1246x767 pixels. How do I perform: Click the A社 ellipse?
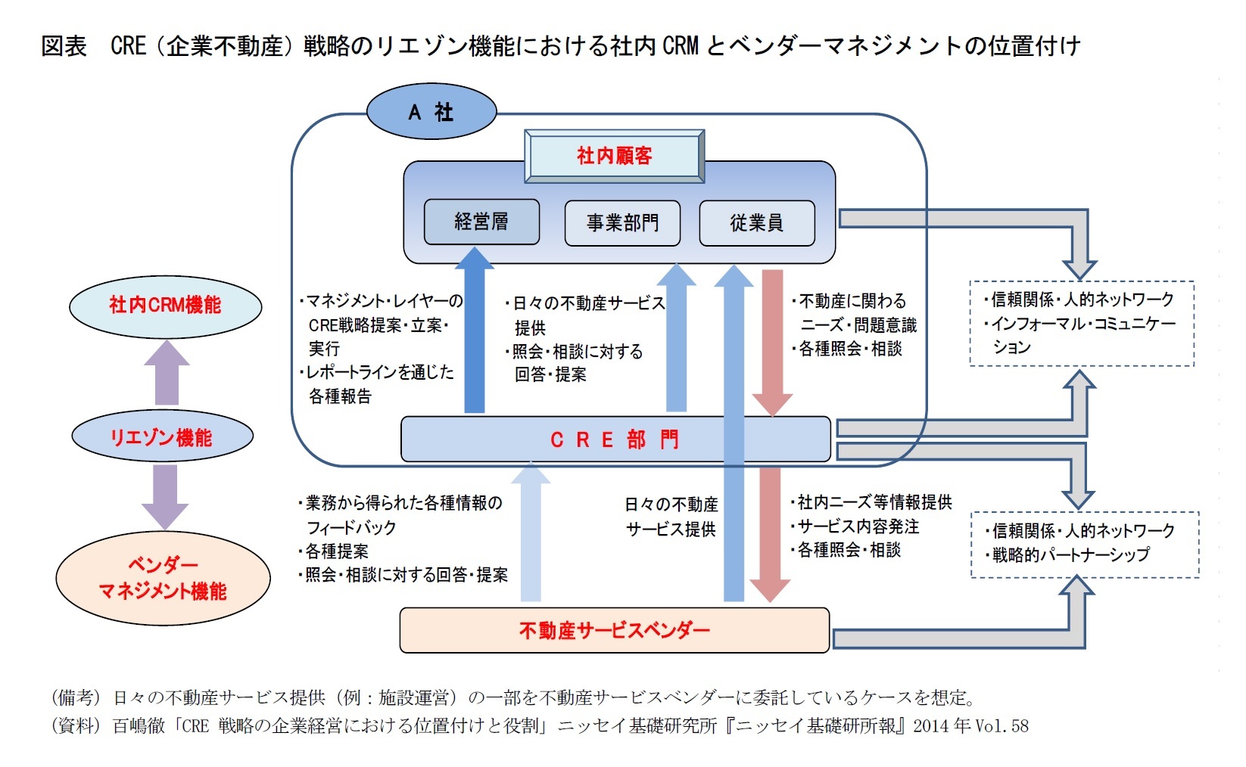[431, 112]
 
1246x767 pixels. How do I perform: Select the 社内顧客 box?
[614, 156]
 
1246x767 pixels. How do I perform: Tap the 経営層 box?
[481, 222]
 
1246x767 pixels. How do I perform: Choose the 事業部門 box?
[622, 222]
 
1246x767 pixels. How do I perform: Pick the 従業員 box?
[756, 222]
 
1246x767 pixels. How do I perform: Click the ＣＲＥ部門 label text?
[615, 439]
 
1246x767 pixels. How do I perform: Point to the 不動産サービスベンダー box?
[614, 630]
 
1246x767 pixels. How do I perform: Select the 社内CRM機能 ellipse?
[165, 306]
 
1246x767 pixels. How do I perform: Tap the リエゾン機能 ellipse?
[162, 437]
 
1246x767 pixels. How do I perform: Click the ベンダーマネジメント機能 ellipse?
[163, 578]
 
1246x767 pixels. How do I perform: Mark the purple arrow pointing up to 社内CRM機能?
[167, 374]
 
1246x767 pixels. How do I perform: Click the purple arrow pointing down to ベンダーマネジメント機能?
[165, 496]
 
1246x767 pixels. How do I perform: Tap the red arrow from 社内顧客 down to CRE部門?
[772, 340]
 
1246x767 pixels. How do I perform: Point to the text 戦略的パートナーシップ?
[1070, 554]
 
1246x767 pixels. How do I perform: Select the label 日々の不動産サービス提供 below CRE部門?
[671, 517]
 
